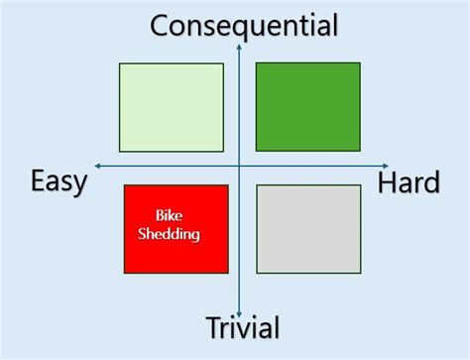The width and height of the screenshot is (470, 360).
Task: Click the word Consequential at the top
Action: [x=244, y=24]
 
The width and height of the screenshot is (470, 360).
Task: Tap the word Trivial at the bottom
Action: [x=243, y=328]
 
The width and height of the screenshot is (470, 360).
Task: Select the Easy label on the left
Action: [x=59, y=181]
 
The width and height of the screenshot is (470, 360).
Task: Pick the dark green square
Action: [x=308, y=106]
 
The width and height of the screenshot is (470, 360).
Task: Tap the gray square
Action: [x=308, y=228]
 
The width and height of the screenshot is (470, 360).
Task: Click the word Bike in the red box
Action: [x=170, y=216]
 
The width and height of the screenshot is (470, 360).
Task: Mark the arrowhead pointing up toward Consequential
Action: [x=240, y=45]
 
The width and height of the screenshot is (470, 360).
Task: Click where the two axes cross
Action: [x=240, y=165]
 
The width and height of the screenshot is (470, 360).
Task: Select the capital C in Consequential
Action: [x=160, y=24]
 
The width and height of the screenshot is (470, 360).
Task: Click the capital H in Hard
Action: [x=386, y=182]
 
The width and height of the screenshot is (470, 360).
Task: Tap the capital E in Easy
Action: [x=39, y=180]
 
